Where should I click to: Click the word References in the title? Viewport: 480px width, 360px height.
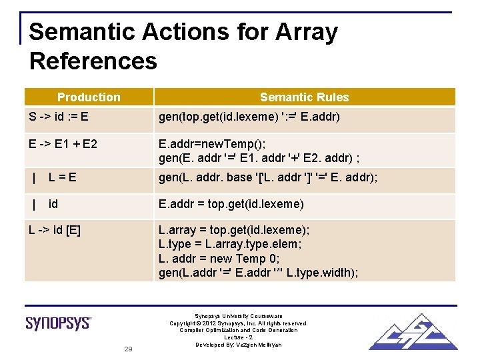93,61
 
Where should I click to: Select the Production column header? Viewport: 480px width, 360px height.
89,97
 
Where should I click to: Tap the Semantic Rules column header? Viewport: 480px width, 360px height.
304,97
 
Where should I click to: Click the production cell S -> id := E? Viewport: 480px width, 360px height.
59,117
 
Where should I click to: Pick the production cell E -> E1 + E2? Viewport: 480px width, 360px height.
63,143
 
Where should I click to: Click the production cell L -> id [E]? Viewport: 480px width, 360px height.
55,230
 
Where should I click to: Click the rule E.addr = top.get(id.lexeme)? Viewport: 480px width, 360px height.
231,203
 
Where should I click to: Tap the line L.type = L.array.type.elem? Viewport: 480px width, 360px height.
230,244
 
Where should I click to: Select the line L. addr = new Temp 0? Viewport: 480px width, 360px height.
219,258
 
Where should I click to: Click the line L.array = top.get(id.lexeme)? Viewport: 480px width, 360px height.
234,230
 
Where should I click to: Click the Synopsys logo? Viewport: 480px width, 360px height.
59,323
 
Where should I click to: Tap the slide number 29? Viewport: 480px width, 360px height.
129,349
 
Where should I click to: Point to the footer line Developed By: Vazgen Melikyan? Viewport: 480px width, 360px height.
238,345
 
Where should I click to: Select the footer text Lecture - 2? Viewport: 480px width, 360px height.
238,337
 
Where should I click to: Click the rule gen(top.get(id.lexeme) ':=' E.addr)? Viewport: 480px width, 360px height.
249,117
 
